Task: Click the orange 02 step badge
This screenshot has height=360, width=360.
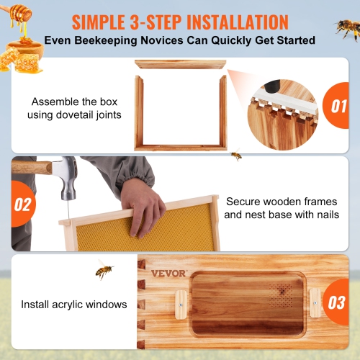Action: [22, 204]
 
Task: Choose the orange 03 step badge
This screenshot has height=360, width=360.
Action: [336, 302]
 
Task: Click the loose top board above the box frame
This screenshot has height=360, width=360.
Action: [180, 64]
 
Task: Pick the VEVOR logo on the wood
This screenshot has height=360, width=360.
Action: [168, 273]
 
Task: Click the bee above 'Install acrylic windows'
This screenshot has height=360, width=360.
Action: [104, 271]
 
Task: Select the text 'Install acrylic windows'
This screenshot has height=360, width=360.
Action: [73, 305]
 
